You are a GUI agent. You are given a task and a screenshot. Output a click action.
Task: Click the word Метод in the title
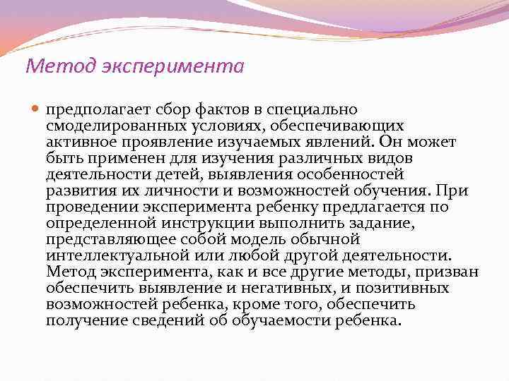pyautogui.click(x=49, y=67)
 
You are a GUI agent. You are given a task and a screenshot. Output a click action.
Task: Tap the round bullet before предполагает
pyautogui.click(x=36, y=110)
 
